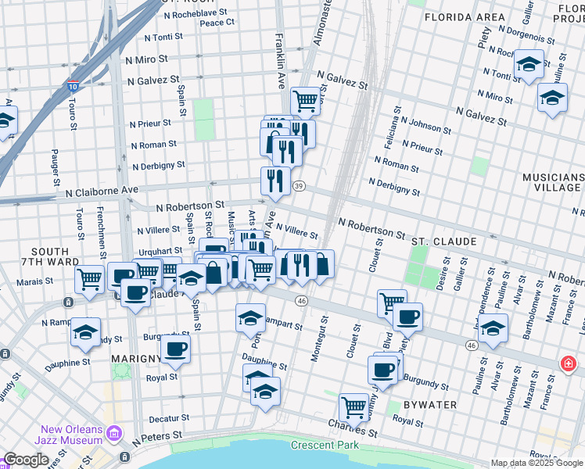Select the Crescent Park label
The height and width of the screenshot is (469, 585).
(x=325, y=446)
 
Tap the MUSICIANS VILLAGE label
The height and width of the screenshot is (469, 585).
(x=552, y=183)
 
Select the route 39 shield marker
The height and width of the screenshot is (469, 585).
(x=299, y=186)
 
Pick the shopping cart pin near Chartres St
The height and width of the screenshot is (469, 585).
(x=354, y=406)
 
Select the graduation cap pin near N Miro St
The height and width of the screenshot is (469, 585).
(x=552, y=98)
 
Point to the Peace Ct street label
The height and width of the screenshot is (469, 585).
(x=217, y=23)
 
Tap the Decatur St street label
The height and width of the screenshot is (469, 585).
(x=170, y=419)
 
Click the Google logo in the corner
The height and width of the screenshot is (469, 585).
(x=26, y=460)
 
